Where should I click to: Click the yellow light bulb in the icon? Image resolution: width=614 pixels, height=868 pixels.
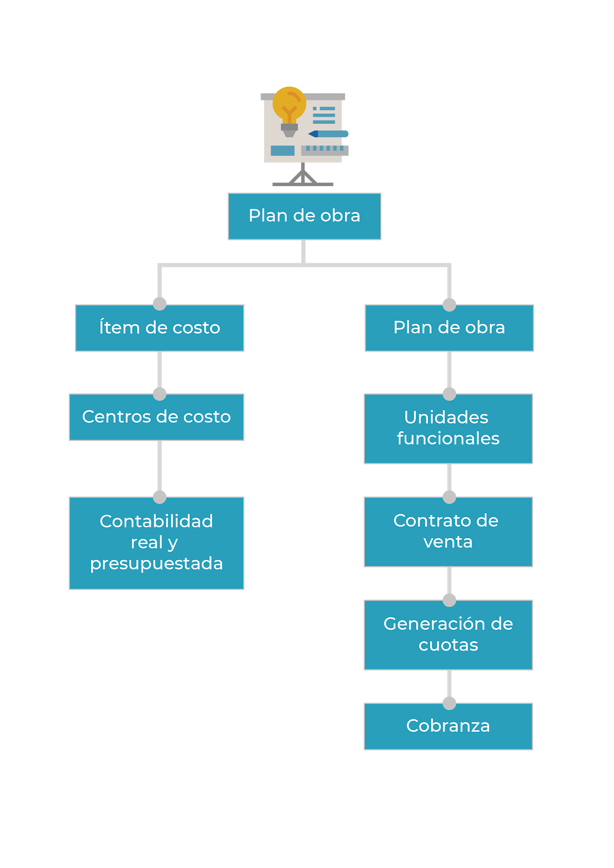pyautogui.click(x=289, y=104)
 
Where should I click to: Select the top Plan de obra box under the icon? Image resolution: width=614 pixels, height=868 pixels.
pyautogui.click(x=304, y=216)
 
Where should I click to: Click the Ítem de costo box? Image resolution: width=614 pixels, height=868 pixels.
pyautogui.click(x=159, y=328)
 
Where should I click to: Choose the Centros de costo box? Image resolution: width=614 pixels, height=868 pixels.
pyautogui.click(x=156, y=417)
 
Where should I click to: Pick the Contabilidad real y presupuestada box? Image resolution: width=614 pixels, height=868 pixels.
pyautogui.click(x=156, y=542)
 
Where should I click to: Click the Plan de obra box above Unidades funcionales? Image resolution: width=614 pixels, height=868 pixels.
pyautogui.click(x=449, y=328)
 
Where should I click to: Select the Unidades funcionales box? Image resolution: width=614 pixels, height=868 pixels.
pyautogui.click(x=448, y=428)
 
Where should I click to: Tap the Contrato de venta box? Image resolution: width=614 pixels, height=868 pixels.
pyautogui.click(x=448, y=531)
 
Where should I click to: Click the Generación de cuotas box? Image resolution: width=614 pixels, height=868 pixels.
pyautogui.click(x=448, y=634)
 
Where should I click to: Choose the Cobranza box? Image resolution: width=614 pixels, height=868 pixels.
pyautogui.click(x=448, y=726)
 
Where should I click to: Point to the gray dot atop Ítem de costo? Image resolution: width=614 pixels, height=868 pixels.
pyautogui.click(x=159, y=304)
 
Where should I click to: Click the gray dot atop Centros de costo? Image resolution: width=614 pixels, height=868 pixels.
pyautogui.click(x=159, y=394)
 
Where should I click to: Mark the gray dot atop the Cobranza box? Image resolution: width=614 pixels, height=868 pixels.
pyautogui.click(x=449, y=703)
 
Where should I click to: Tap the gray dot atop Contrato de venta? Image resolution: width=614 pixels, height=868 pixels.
pyautogui.click(x=449, y=497)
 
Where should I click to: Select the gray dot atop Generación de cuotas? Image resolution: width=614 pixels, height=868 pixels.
pyautogui.click(x=449, y=600)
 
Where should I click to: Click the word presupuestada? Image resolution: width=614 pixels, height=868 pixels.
pyautogui.click(x=156, y=564)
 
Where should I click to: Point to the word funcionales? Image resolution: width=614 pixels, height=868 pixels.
pyautogui.click(x=448, y=438)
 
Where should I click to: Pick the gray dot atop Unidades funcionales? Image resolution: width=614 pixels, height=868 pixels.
pyautogui.click(x=449, y=394)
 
